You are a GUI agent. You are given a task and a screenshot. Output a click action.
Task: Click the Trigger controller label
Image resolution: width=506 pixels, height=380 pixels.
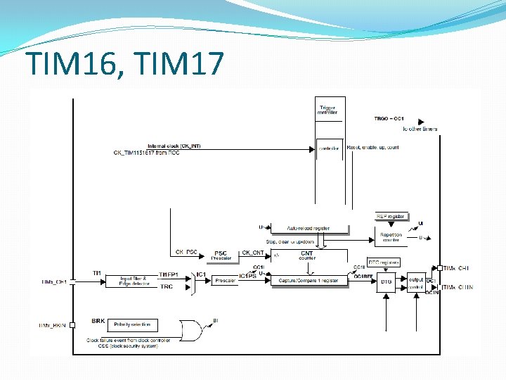(x=327, y=109)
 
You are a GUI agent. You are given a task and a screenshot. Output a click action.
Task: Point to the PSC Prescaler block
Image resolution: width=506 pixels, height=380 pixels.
(x=221, y=255)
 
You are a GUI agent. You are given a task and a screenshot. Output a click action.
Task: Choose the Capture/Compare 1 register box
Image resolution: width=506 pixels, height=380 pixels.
(x=309, y=281)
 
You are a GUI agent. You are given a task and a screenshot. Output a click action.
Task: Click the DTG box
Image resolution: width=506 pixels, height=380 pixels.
(x=386, y=282)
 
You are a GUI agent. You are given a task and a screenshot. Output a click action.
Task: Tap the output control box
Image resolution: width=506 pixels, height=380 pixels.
(x=416, y=282)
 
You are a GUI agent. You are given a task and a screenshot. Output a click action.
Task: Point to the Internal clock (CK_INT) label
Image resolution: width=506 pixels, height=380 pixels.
(x=174, y=146)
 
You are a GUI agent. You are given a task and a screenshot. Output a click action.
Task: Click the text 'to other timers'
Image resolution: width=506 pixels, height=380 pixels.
(x=420, y=129)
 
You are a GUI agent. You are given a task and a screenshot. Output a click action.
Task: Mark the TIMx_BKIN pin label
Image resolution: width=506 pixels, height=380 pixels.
(x=53, y=325)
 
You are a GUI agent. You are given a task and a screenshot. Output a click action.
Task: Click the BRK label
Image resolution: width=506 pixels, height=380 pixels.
(x=98, y=320)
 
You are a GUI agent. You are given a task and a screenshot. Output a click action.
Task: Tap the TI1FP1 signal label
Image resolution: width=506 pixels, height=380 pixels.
(x=168, y=274)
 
